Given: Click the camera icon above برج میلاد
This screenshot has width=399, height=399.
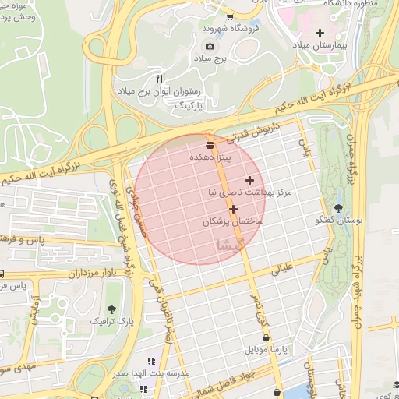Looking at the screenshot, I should point(210,46).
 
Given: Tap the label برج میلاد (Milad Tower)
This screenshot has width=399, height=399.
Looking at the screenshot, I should point(210,58).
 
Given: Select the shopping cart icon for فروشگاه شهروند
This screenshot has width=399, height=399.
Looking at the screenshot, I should point(229,17).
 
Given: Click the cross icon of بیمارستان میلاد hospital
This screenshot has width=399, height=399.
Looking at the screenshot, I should point(320,33).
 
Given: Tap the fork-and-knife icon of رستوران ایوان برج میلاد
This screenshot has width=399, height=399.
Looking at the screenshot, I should point(159,79).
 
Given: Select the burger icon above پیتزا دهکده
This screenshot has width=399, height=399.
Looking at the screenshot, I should point(210,145).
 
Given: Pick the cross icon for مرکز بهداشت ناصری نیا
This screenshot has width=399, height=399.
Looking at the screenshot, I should point(249,180).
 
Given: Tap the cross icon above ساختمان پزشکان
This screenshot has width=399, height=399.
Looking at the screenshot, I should point(233,209).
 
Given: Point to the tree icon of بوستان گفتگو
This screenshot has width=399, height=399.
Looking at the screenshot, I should point(338,207).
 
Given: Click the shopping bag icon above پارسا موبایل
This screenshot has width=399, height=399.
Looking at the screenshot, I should point(267,338).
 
